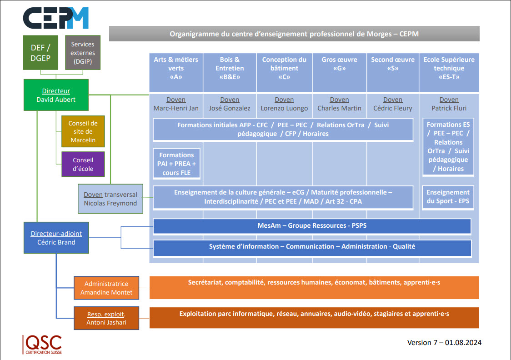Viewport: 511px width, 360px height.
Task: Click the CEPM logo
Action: click(x=56, y=19)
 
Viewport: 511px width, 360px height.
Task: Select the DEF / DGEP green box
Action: click(x=40, y=52)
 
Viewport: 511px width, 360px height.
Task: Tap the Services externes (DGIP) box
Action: click(x=82, y=53)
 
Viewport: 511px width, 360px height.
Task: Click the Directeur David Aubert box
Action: click(x=56, y=95)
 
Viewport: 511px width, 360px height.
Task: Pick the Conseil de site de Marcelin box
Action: click(x=83, y=131)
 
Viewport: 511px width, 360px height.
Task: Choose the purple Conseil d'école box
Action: click(x=83, y=164)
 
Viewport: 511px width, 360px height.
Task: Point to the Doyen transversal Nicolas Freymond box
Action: click(x=110, y=199)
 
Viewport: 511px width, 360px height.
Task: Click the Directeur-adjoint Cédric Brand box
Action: click(x=56, y=238)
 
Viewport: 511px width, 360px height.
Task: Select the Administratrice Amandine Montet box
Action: click(x=106, y=288)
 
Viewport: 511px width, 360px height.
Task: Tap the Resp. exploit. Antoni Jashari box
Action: click(x=106, y=318)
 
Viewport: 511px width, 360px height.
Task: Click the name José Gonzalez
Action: click(x=230, y=108)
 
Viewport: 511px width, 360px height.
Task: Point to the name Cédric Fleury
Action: click(x=393, y=108)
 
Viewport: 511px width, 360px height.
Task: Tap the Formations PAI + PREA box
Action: click(x=177, y=164)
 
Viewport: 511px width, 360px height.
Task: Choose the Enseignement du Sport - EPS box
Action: click(x=448, y=197)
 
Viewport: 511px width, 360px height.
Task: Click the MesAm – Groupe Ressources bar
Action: click(x=312, y=226)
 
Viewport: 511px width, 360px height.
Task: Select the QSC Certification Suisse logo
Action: click(x=42, y=345)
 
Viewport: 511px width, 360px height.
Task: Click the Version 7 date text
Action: click(x=444, y=342)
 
